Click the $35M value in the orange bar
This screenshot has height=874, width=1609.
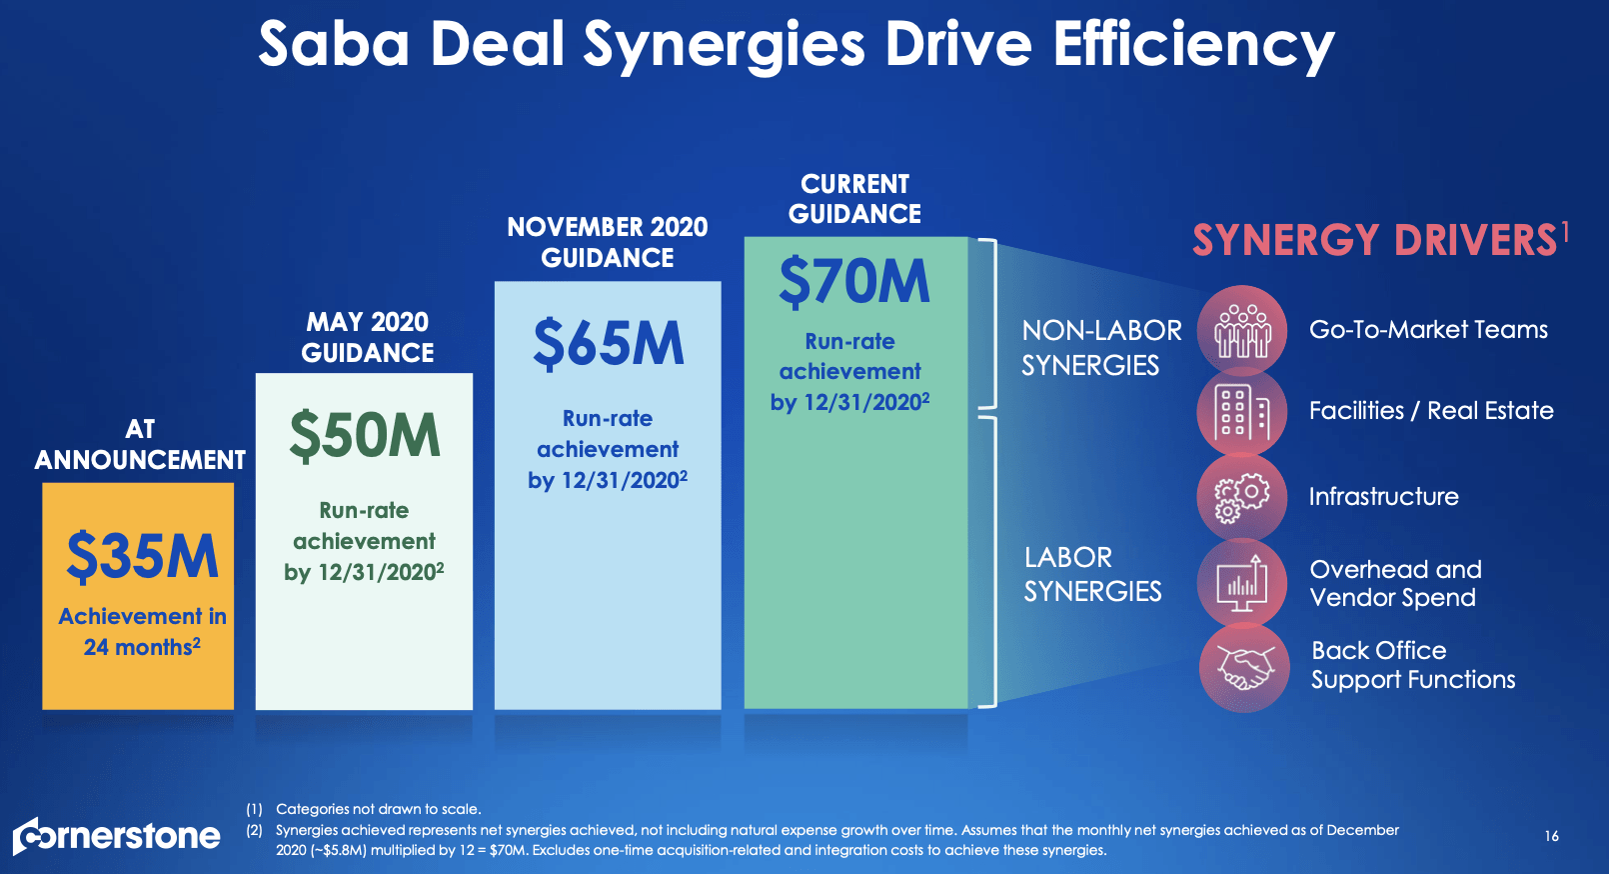click(x=142, y=557)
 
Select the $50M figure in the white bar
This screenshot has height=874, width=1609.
click(x=365, y=436)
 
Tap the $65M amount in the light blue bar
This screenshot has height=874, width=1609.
click(x=608, y=344)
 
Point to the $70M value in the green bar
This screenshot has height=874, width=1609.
click(x=853, y=281)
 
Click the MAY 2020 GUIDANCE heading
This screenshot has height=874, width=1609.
click(x=367, y=337)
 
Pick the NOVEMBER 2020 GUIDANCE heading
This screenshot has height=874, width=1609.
click(x=607, y=242)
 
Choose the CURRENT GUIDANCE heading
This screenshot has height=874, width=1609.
click(x=854, y=199)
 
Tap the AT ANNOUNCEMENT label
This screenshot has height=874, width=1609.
click(x=140, y=444)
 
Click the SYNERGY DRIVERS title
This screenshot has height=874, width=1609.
click(x=1375, y=240)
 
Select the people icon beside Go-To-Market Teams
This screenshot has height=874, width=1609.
click(x=1242, y=330)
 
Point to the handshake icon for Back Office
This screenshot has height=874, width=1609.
click(x=1244, y=667)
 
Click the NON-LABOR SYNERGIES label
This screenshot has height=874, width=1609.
click(x=1101, y=347)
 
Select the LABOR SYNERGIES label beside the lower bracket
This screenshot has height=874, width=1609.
click(x=1092, y=574)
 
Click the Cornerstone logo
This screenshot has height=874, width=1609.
click(x=117, y=836)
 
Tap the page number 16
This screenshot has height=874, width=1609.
click(x=1551, y=836)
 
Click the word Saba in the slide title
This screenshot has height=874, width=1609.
click(x=334, y=44)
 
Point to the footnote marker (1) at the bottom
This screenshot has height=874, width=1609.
click(x=254, y=809)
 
